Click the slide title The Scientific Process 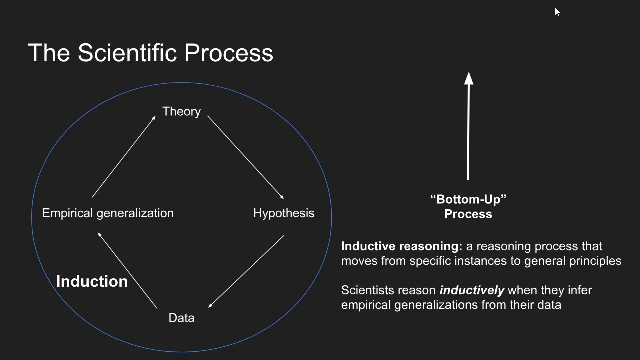150,53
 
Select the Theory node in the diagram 181,111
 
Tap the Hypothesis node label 284,213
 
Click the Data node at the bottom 181,318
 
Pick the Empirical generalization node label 108,213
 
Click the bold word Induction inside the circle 92,282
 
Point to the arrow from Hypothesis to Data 246,272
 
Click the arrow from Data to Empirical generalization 127,270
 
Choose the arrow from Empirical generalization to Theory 124,156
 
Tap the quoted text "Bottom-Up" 468,199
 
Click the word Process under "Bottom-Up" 468,214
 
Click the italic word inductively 471,290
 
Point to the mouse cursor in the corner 557,11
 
